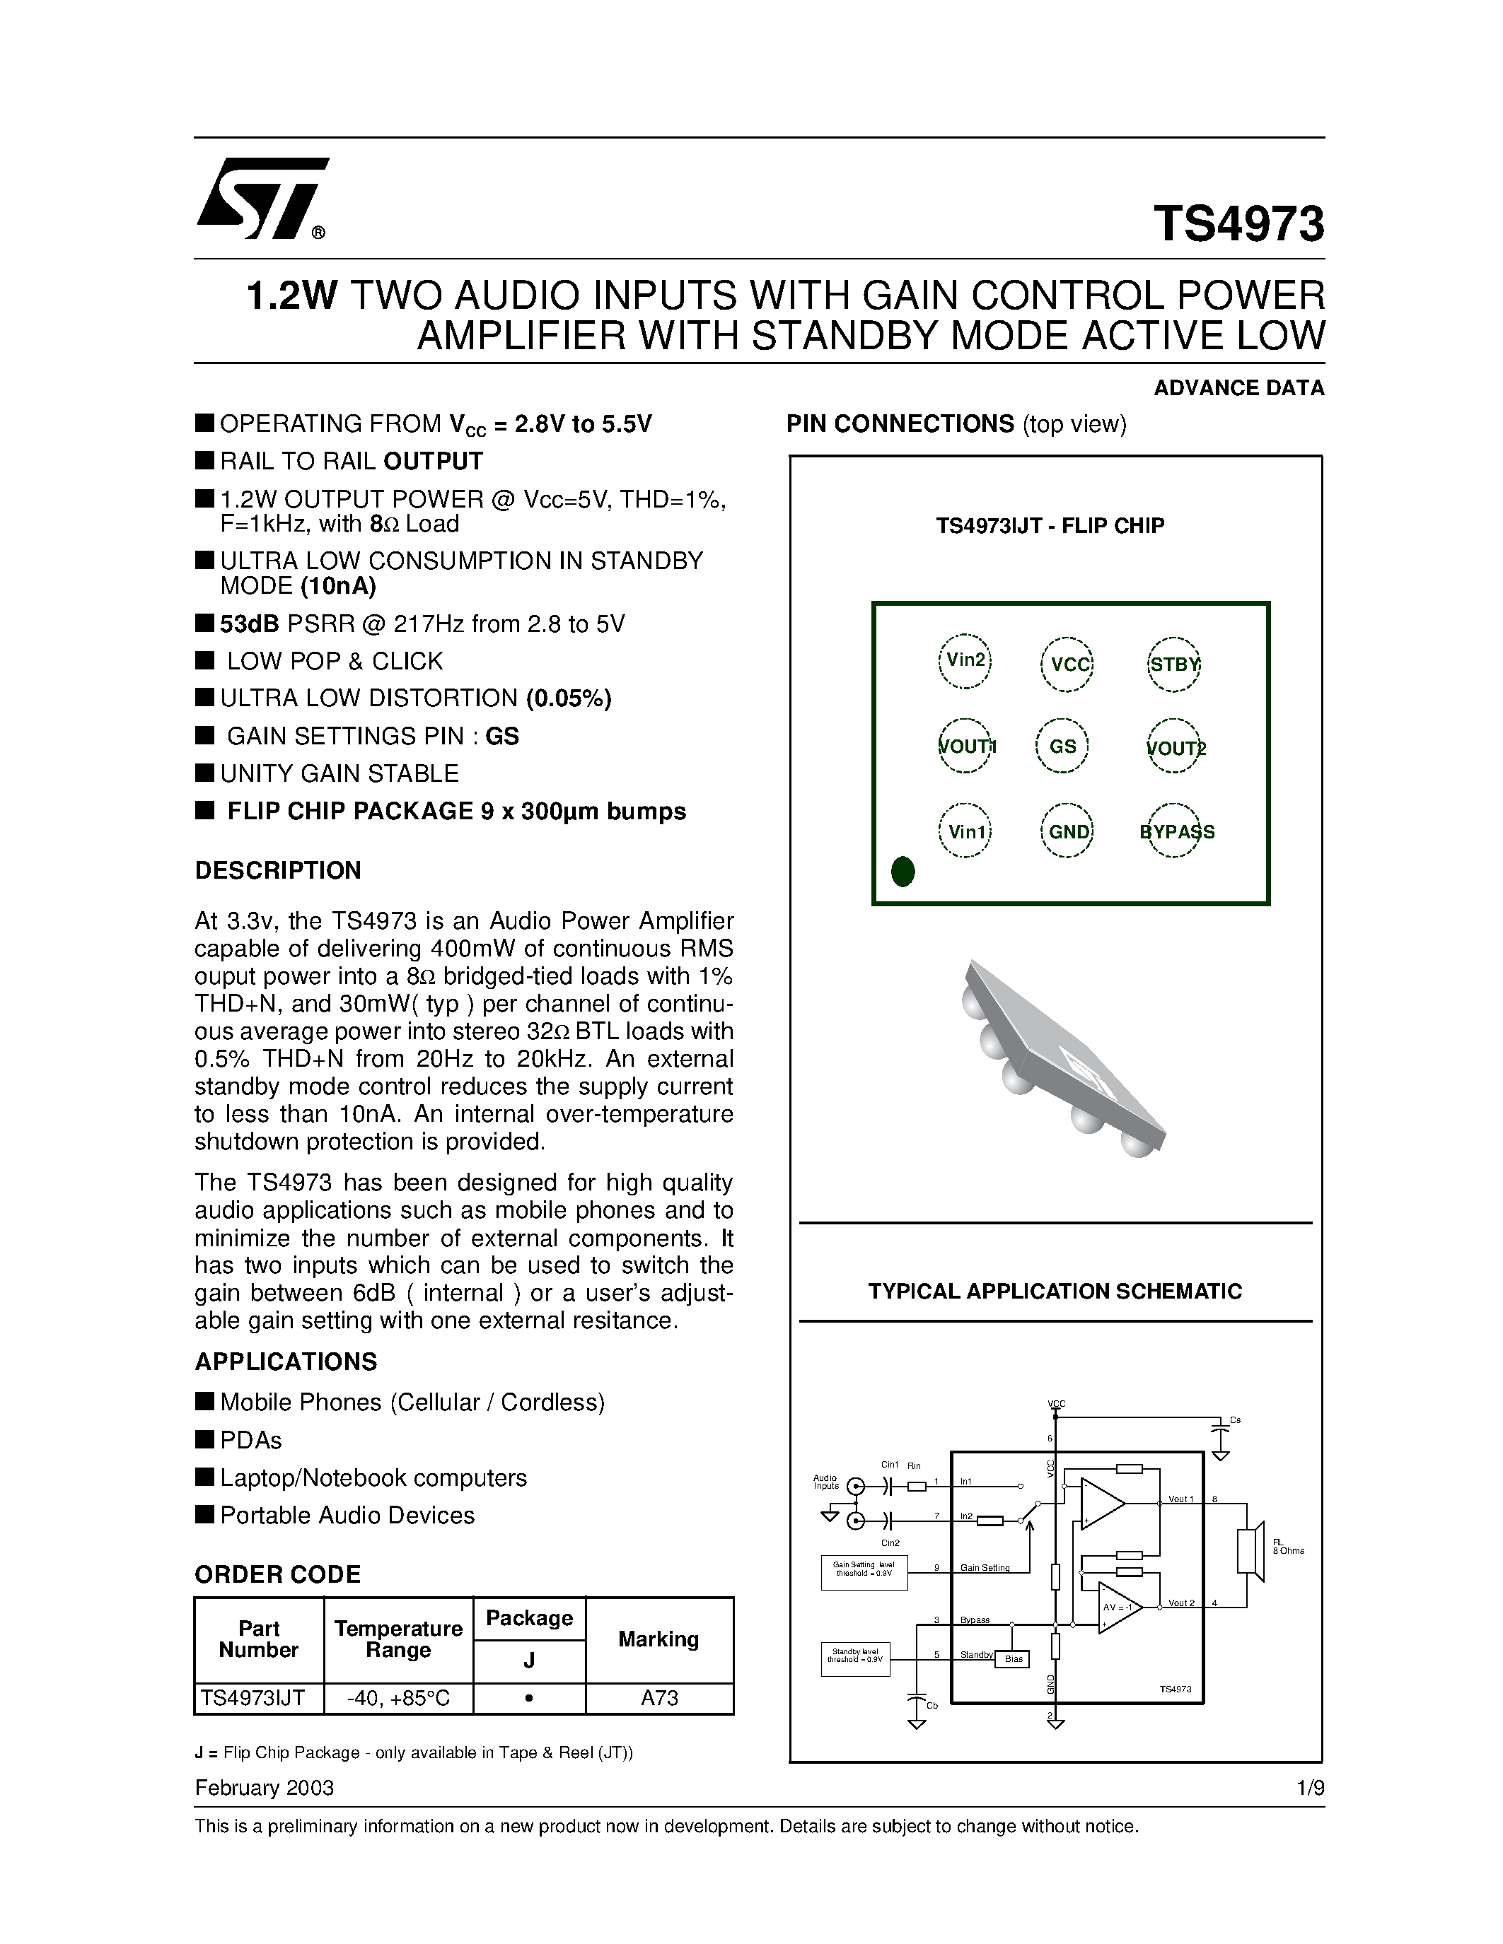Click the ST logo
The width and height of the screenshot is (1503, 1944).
point(261,199)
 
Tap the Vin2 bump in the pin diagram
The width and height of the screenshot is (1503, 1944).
point(965,660)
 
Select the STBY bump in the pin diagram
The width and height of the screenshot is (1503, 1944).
point(1173,664)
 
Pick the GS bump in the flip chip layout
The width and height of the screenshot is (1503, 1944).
point(1063,746)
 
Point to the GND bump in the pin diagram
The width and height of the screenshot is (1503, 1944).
point(1067,831)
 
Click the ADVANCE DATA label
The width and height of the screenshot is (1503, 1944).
point(1238,388)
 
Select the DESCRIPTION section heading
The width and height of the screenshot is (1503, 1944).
point(278,870)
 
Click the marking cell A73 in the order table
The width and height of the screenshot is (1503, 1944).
point(659,1698)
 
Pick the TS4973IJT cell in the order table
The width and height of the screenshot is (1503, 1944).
point(253,1698)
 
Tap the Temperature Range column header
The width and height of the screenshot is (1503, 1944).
point(398,1639)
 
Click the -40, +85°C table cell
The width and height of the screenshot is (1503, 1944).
point(398,1698)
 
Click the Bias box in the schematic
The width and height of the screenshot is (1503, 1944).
point(1014,1659)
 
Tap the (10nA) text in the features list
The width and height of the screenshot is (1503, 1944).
point(338,586)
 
